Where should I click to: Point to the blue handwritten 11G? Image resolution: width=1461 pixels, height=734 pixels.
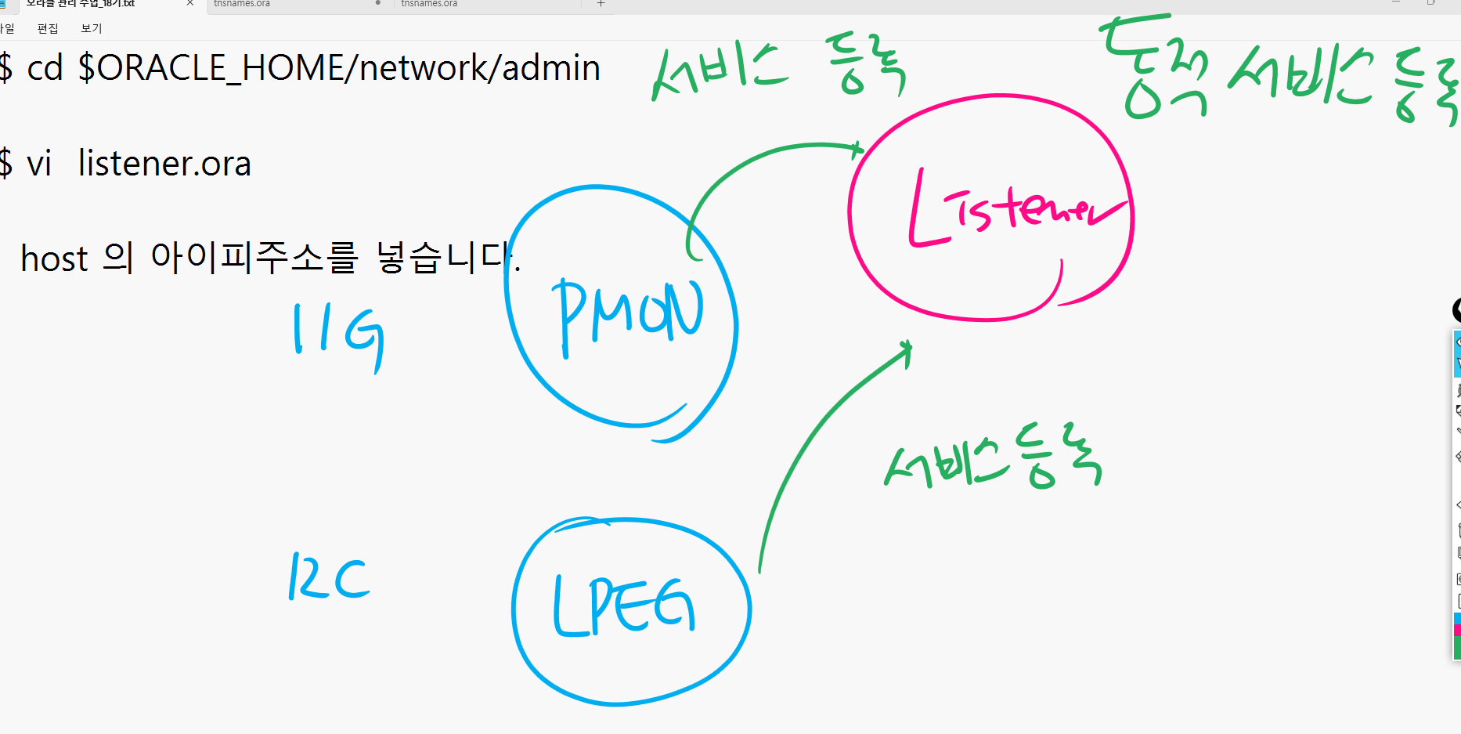click(338, 336)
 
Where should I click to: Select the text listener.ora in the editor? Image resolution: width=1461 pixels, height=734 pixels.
click(164, 164)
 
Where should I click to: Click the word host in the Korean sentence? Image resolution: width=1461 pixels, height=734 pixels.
click(54, 259)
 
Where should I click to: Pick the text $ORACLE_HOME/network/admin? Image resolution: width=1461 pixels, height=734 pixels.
click(339, 68)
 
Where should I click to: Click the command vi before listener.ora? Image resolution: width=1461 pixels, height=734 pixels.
click(39, 164)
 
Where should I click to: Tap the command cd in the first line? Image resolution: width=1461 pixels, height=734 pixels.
click(44, 68)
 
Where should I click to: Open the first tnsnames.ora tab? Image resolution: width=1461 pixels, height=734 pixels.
click(242, 4)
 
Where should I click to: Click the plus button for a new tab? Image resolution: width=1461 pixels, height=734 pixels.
click(601, 4)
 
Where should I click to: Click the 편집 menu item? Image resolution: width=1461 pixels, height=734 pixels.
click(48, 28)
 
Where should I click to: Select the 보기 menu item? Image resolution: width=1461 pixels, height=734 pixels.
click(92, 28)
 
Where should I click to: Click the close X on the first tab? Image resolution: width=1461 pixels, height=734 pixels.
click(189, 3)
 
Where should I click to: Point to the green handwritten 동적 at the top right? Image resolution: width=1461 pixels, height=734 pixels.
click(1155, 71)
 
